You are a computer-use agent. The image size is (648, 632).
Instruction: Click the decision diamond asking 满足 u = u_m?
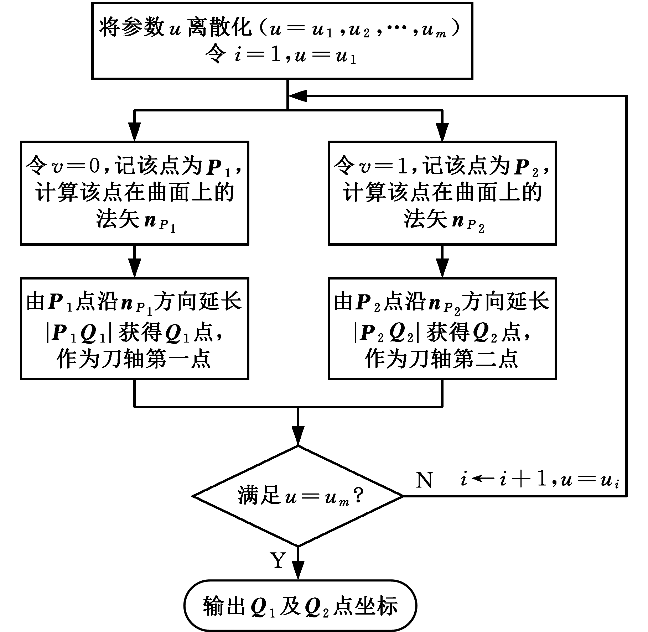(298, 496)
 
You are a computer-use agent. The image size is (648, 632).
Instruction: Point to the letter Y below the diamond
(278, 560)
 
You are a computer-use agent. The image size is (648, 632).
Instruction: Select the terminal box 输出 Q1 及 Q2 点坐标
(300, 605)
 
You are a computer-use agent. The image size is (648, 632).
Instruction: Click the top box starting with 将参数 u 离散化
(282, 41)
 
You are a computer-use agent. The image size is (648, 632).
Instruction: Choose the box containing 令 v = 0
(134, 193)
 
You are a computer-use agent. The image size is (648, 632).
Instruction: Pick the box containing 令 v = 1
(442, 193)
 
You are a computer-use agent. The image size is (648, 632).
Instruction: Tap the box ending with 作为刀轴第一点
(134, 328)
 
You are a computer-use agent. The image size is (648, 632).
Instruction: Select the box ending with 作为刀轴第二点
(442, 328)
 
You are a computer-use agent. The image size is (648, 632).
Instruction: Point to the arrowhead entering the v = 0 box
(134, 132)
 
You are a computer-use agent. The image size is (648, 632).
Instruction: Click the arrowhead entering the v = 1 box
(442, 132)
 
